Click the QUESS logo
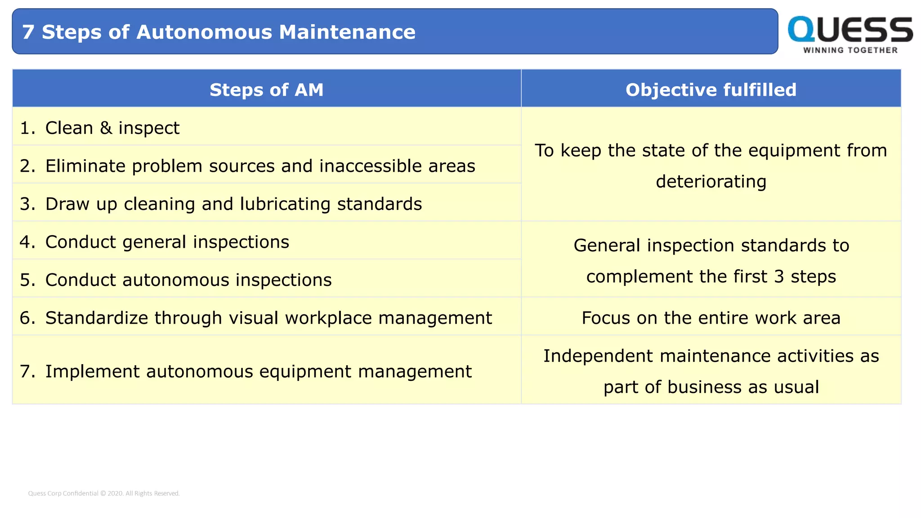pyautogui.click(x=850, y=30)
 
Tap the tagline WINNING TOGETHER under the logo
pyautogui.click(x=850, y=50)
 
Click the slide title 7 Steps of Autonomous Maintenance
pyautogui.click(x=219, y=32)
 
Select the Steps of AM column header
pyautogui.click(x=266, y=89)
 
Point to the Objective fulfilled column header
pyautogui.click(x=711, y=89)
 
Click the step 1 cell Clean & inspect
pyautogui.click(x=112, y=128)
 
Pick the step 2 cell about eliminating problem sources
pyautogui.click(x=260, y=166)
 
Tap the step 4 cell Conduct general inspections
pyautogui.click(x=167, y=242)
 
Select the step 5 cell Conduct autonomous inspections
pyautogui.click(x=188, y=280)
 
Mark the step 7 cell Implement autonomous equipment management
pyautogui.click(x=258, y=371)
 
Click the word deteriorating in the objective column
pyautogui.click(x=711, y=182)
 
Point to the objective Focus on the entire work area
pyautogui.click(x=711, y=318)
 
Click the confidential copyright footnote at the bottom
pyautogui.click(x=104, y=493)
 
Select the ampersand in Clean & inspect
pyautogui.click(x=106, y=128)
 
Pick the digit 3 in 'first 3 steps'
pyautogui.click(x=779, y=277)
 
